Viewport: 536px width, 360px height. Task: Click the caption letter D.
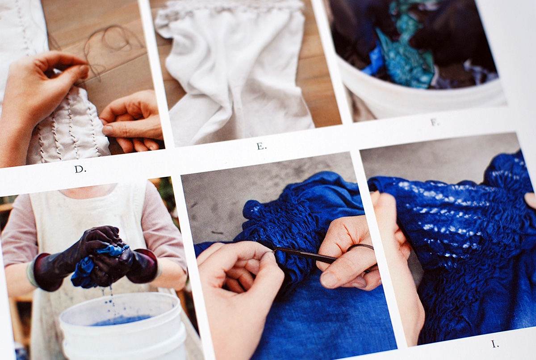pyautogui.click(x=80, y=169)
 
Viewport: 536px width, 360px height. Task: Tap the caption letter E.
pyautogui.click(x=262, y=146)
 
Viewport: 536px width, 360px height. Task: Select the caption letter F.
pyautogui.click(x=435, y=122)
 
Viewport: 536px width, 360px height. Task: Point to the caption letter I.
pyautogui.click(x=495, y=344)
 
